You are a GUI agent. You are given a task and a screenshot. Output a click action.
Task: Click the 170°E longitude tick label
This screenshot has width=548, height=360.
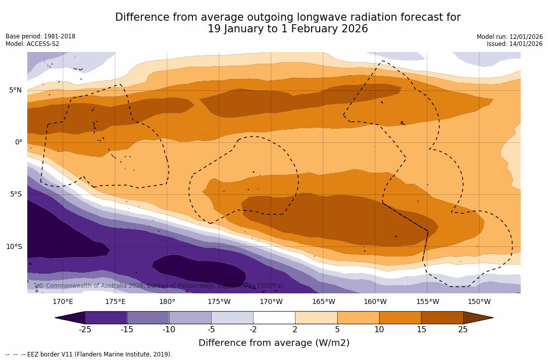[63, 302]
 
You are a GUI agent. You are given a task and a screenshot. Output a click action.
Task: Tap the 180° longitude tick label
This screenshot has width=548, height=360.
[167, 302]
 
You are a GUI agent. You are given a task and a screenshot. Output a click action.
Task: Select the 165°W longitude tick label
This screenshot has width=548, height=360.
[323, 302]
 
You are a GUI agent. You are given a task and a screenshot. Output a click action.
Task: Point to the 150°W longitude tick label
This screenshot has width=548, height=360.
[479, 302]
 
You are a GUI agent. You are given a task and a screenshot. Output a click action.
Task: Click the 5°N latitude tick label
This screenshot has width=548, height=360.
[15, 90]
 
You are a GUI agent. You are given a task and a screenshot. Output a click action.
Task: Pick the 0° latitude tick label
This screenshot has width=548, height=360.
[18, 142]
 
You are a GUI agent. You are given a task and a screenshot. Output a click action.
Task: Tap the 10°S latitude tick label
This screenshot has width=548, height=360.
[14, 247]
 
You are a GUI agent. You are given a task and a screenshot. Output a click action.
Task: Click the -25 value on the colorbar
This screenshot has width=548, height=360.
[85, 330]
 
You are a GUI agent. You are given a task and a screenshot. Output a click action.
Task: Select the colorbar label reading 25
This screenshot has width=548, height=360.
[463, 330]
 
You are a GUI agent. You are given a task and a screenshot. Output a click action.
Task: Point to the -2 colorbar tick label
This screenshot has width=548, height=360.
[253, 330]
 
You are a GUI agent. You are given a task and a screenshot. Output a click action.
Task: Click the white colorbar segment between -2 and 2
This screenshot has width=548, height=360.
[274, 318]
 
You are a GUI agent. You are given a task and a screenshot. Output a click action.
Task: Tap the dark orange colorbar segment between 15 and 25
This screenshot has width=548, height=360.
[442, 318]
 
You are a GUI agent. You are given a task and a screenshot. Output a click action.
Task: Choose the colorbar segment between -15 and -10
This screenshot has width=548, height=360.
[148, 318]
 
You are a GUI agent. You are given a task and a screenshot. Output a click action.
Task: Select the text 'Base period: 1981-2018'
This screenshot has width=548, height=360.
[40, 36]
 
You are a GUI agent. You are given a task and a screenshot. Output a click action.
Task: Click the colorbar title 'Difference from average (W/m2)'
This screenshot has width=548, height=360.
[274, 343]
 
